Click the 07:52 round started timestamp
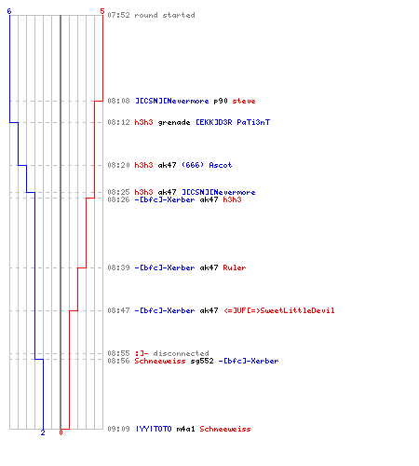tap(118, 15)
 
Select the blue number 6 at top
tap(9, 11)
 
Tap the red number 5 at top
tap(102, 11)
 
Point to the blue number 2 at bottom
tap(43, 432)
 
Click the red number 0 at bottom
tap(61, 432)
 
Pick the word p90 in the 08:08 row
tap(221, 101)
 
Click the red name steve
tap(244, 101)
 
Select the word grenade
tap(174, 122)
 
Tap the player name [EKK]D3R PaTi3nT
tap(233, 122)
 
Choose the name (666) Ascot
tap(207, 165)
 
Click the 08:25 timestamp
tap(118, 192)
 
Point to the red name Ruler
tap(235, 267)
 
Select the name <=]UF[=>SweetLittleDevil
tap(279, 310)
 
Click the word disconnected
tap(181, 353)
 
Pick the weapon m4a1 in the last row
tap(185, 429)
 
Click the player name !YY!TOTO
tap(154, 429)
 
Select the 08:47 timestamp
tap(118, 310)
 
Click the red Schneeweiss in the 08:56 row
tap(160, 361)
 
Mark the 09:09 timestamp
tap(118, 429)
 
